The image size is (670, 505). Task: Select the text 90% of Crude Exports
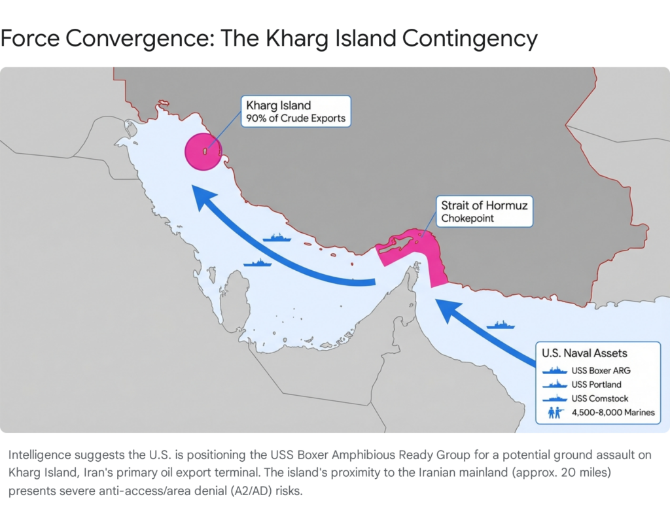point(296,119)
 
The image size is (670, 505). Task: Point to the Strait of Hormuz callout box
point(484,211)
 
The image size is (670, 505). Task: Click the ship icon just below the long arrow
point(257,263)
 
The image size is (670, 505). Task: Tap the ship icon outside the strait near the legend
point(501,324)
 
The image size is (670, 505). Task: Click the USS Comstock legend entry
point(599,398)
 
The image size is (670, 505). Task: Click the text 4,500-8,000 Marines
point(612,413)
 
